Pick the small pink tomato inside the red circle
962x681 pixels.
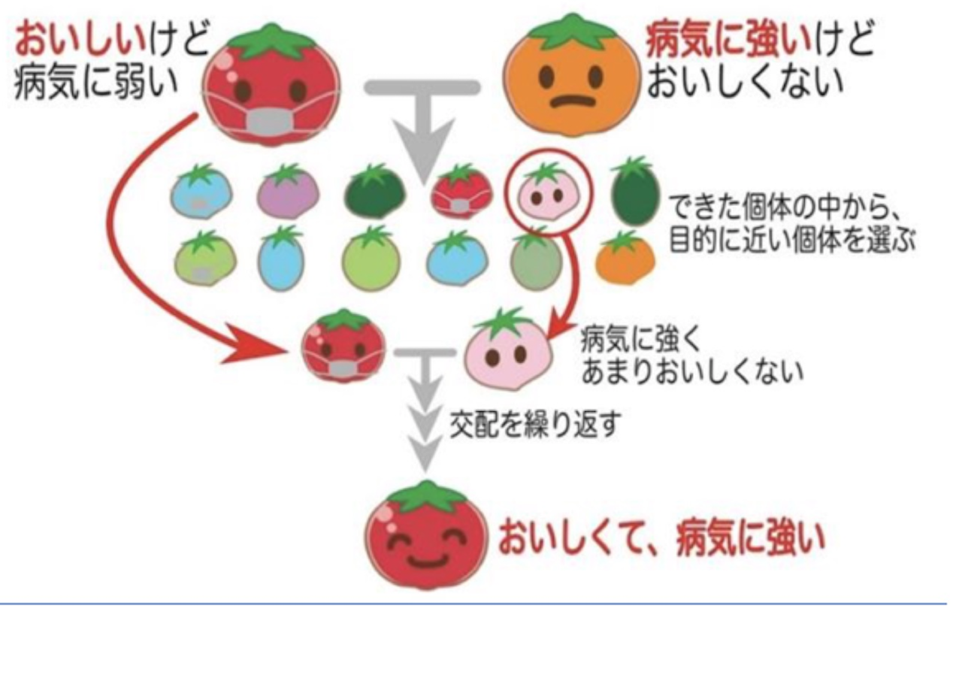[x=548, y=192]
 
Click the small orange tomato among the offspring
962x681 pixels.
[x=625, y=258]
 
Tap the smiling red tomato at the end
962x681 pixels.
[x=426, y=536]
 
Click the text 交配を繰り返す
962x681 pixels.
[x=535, y=425]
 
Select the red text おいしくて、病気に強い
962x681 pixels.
[x=661, y=539]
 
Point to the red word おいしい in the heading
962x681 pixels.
[x=80, y=38]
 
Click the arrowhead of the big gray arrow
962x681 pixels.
[x=423, y=150]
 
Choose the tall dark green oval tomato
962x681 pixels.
[x=635, y=191]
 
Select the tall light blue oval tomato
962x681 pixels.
[x=281, y=259]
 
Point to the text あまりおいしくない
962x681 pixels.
[x=692, y=372]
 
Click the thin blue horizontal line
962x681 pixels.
[x=473, y=604]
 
